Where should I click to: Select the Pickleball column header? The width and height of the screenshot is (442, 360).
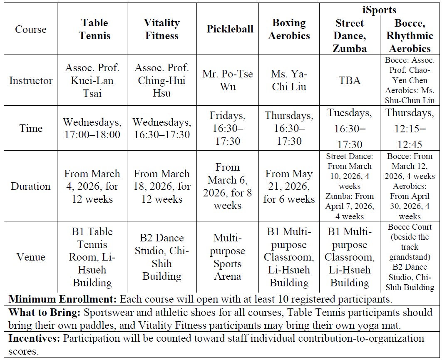coord(230,29)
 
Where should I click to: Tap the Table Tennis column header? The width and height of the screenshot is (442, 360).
coord(94,29)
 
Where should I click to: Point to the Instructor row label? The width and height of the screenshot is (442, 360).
coord(31,80)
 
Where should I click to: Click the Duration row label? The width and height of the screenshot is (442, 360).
coord(31,186)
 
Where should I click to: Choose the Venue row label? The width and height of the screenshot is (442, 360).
coord(31,257)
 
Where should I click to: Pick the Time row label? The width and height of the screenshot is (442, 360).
coord(31,128)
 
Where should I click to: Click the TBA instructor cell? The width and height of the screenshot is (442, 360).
coord(350,80)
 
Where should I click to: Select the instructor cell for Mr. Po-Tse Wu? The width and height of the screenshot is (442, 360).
coord(227,80)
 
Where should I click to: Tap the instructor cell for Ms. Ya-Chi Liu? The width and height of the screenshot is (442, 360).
coord(289,80)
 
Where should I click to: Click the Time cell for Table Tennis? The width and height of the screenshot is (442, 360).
coord(92,128)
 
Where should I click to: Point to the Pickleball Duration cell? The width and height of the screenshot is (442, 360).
coord(227,186)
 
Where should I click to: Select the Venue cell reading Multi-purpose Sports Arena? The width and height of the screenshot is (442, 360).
coord(227,257)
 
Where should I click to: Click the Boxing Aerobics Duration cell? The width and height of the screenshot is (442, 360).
coord(289,186)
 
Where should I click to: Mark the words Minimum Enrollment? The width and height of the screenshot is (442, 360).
coord(63,299)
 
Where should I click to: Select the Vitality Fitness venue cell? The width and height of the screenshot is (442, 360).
coord(162,257)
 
